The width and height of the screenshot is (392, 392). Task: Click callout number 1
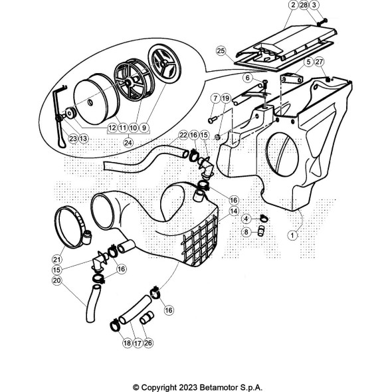pos(292,235)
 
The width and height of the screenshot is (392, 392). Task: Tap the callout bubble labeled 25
pos(221,51)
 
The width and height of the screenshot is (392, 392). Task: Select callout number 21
pos(56,259)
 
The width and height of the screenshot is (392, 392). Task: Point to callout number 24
pos(128,143)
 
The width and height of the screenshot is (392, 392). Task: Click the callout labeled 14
pos(234,211)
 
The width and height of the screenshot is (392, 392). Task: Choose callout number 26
pos(148,343)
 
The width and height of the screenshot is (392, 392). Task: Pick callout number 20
pos(56,280)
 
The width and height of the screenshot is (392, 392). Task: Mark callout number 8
pos(246,232)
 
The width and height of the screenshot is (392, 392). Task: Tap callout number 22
pos(183,135)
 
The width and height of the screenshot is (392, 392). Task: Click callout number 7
pos(215,98)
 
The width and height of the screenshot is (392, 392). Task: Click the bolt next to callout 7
pos(212,120)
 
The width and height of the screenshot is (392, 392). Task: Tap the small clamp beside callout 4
pos(264,218)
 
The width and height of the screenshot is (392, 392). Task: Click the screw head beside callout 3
pos(322,22)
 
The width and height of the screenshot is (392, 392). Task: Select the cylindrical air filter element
pos(96,99)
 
